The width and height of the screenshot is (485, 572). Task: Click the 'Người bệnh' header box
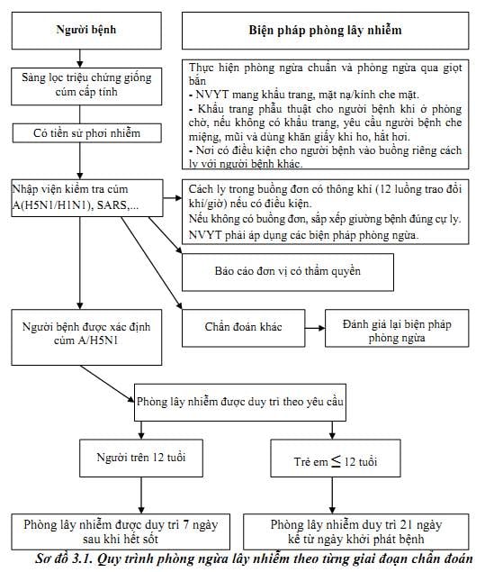(86, 31)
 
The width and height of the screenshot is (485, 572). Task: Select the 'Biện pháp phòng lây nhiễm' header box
(326, 31)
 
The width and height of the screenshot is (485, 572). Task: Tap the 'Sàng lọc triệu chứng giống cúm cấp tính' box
(86, 86)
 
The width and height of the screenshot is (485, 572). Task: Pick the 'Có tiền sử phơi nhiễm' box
(86, 133)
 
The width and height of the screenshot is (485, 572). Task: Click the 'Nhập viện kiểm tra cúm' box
(87, 197)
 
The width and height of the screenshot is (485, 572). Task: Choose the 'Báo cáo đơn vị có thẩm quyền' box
(288, 272)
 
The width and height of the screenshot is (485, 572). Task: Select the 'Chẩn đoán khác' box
(244, 328)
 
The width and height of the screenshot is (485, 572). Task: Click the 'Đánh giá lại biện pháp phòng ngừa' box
(397, 328)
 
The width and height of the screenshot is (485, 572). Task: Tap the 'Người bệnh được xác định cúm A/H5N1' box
(86, 338)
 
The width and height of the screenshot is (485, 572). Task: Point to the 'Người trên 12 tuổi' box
(141, 459)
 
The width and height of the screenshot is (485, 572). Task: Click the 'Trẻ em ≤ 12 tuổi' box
(336, 459)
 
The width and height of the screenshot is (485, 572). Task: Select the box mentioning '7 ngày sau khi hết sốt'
(121, 531)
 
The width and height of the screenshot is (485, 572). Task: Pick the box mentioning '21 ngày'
(356, 531)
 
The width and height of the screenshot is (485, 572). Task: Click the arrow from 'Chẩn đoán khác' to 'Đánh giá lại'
(315, 328)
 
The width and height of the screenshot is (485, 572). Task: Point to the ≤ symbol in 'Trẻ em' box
(336, 461)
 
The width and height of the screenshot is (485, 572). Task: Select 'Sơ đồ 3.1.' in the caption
(64, 559)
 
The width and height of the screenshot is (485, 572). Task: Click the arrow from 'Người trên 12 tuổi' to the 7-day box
(141, 495)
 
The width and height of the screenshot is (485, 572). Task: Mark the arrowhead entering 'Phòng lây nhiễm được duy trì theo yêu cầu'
(131, 399)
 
